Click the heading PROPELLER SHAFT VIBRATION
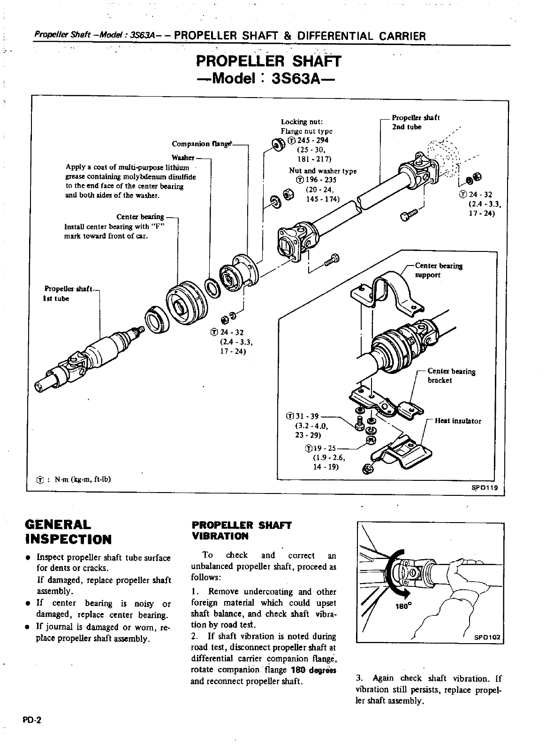pos(242,530)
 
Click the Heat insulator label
pos(458,421)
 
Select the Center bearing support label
pos(439,270)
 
